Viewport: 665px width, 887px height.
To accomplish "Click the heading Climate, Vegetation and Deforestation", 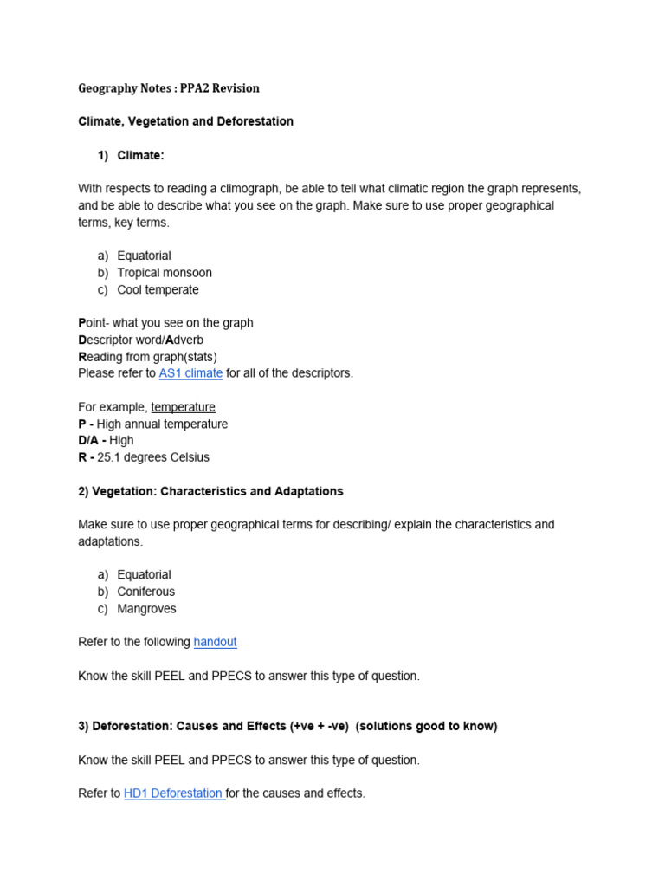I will point(185,121).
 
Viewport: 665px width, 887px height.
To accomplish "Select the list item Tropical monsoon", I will point(165,273).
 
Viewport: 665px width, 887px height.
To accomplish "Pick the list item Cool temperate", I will point(158,289).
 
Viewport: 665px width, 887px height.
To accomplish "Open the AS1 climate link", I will point(190,373).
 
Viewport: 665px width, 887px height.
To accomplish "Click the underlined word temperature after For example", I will point(183,407).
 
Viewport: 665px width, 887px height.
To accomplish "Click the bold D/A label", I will point(90,441).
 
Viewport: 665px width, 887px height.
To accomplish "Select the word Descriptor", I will point(111,340).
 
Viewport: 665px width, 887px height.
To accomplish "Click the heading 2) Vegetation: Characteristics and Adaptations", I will point(210,491).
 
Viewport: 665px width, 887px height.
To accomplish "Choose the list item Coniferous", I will point(145,592).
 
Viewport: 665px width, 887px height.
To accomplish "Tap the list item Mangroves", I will point(146,609).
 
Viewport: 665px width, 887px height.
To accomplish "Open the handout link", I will point(215,642).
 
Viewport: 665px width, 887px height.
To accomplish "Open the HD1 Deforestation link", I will point(174,793).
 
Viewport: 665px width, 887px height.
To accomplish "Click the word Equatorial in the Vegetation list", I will point(144,575).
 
